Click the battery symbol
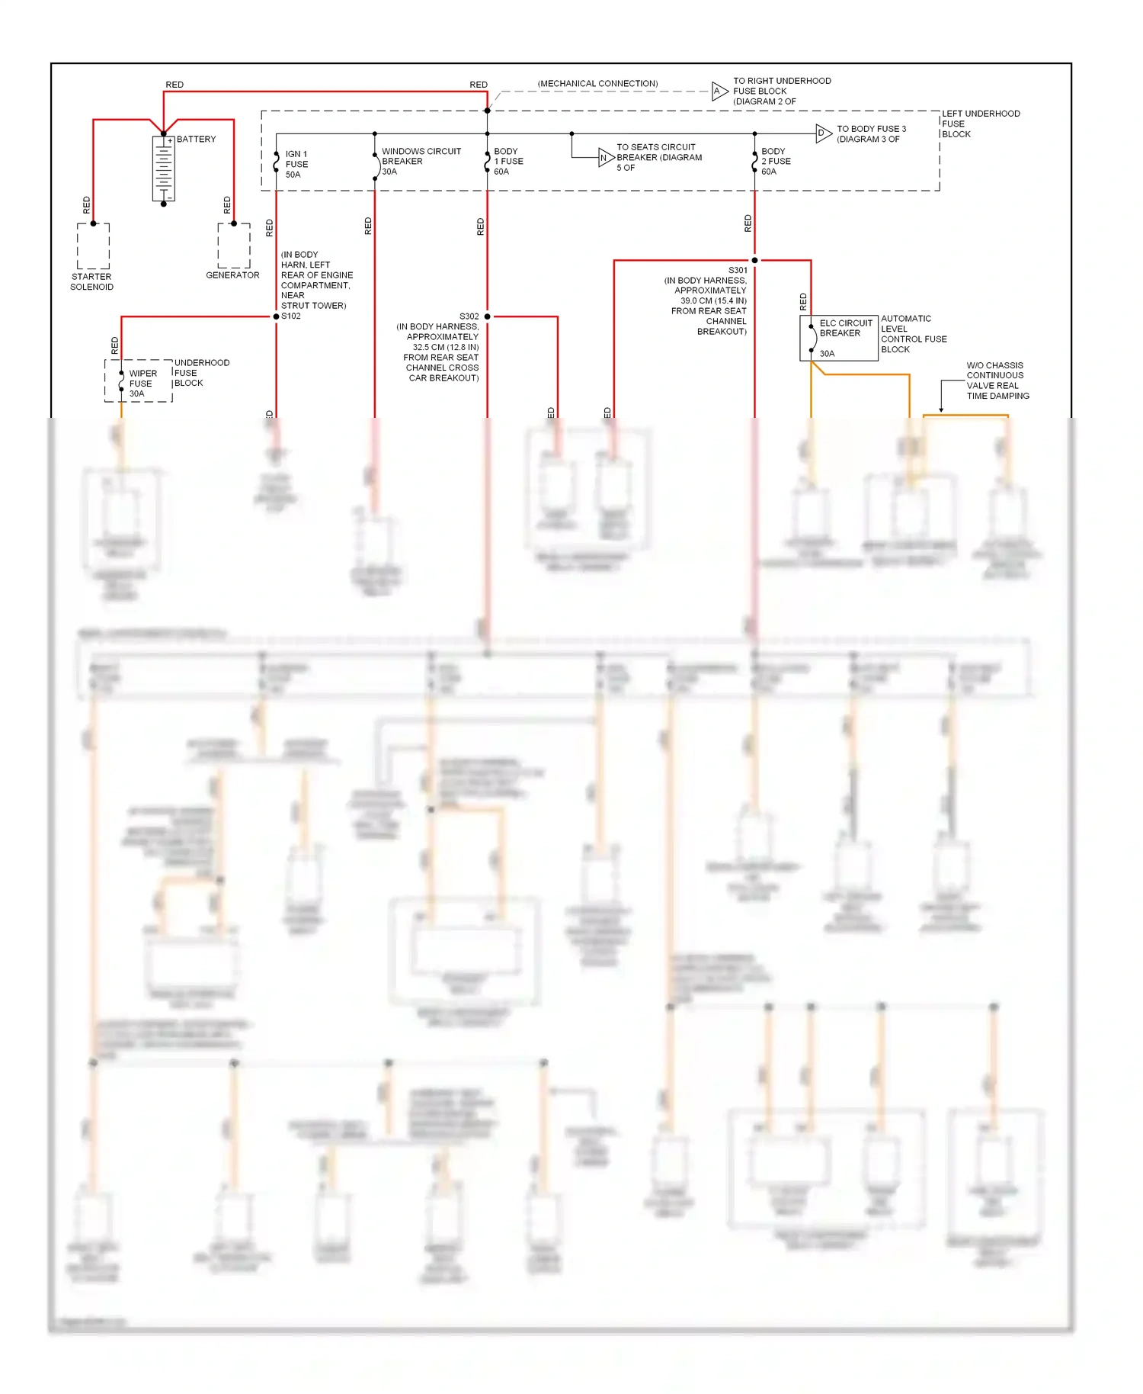pyautogui.click(x=163, y=169)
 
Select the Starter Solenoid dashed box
pyautogui.click(x=93, y=246)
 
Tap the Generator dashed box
pyautogui.click(x=233, y=246)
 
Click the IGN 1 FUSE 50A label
pyautogui.click(x=296, y=165)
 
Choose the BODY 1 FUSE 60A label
pyautogui.click(x=507, y=162)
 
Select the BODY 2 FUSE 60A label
pyautogui.click(x=775, y=162)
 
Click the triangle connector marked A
pyautogui.click(x=719, y=92)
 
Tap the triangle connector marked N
pyautogui.click(x=605, y=158)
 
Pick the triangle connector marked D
pyautogui.click(x=822, y=133)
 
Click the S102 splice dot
pyautogui.click(x=276, y=316)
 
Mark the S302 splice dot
pyautogui.click(x=488, y=316)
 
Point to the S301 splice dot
pyautogui.click(x=754, y=261)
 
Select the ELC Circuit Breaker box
pyautogui.click(x=838, y=338)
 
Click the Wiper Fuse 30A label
pyautogui.click(x=142, y=384)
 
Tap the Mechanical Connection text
pyautogui.click(x=597, y=84)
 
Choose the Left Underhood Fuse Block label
pyautogui.click(x=980, y=124)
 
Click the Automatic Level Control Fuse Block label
pyautogui.click(x=913, y=334)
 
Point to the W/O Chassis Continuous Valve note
pyautogui.click(x=997, y=381)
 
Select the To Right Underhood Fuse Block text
pyautogui.click(x=781, y=91)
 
